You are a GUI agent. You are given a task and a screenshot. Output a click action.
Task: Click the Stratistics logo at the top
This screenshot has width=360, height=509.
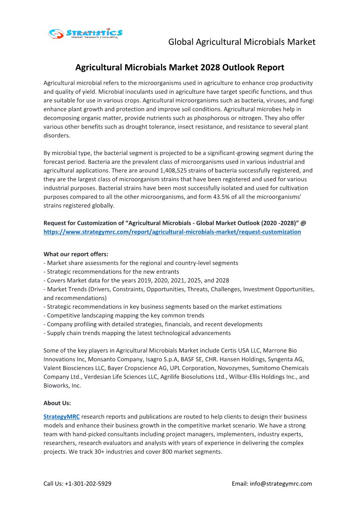86,34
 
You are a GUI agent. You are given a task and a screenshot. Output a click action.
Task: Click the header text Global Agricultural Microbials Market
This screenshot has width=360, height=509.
242,42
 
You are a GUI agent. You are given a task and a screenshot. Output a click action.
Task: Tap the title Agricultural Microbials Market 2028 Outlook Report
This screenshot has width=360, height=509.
180,68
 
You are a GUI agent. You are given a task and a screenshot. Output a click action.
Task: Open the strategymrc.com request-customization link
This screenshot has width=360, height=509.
172,232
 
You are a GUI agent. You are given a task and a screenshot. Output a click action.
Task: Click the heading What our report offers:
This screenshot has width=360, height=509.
76,254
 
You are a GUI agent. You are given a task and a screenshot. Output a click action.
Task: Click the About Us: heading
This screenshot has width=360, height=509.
57,403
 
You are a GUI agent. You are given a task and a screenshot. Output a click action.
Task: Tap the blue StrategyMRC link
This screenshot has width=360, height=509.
61,417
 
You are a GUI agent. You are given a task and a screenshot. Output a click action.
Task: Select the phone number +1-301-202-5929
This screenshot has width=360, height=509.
89,484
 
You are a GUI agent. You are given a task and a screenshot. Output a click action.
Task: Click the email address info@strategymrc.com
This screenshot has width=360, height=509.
281,484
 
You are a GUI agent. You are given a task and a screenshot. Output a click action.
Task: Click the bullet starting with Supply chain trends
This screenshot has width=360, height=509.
137,333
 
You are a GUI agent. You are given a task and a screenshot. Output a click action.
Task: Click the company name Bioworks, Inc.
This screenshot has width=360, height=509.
62,386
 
